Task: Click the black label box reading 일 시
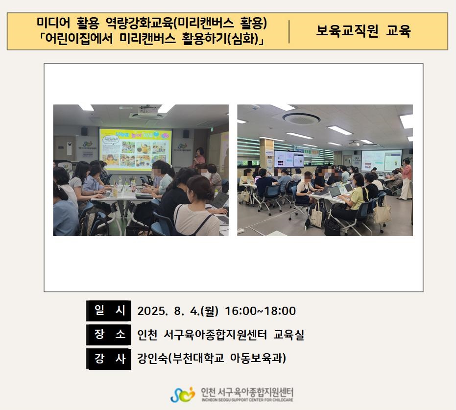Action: click(x=108, y=311)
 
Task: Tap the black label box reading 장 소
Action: click(x=108, y=335)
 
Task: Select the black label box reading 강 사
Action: click(x=108, y=359)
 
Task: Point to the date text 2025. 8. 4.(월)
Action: click(x=178, y=311)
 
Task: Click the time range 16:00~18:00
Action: click(x=260, y=311)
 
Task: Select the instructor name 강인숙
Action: click(x=152, y=358)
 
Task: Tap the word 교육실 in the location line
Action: click(x=288, y=335)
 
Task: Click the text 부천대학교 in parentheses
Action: click(x=198, y=358)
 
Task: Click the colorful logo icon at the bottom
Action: click(x=183, y=395)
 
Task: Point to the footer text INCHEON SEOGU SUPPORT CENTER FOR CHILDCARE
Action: click(x=247, y=400)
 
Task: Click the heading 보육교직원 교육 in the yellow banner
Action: click(x=363, y=31)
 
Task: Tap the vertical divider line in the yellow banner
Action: click(x=289, y=31)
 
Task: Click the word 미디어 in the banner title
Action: click(x=53, y=23)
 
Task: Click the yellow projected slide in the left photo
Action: click(x=136, y=149)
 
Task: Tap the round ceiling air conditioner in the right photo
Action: click(x=301, y=118)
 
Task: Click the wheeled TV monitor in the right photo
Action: click(x=289, y=159)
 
